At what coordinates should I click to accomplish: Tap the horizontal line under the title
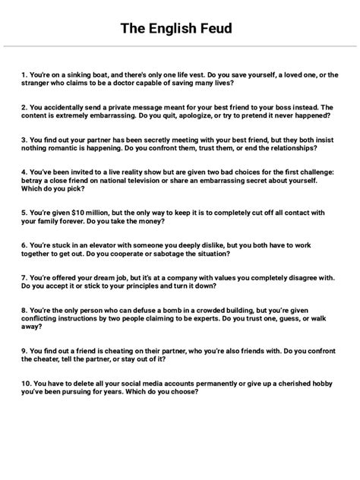pyautogui.click(x=180, y=48)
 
